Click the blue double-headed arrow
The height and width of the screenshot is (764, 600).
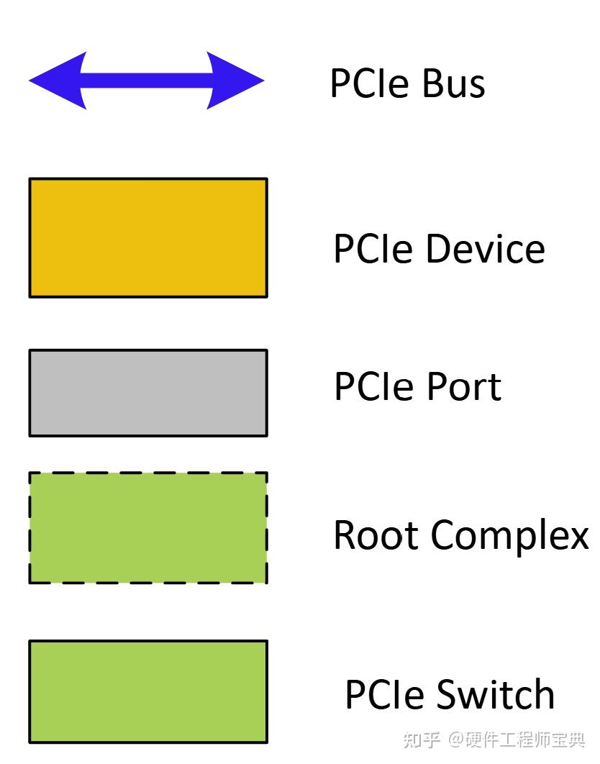coord(147,81)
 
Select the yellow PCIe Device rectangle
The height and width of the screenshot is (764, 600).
coord(148,237)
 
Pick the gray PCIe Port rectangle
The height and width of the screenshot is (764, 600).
coord(148,393)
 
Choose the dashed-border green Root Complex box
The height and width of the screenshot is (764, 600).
coord(148,527)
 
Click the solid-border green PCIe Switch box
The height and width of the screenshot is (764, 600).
coord(148,691)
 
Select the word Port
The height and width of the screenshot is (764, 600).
coord(463,386)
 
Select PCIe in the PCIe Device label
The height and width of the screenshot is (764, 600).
coord(374,249)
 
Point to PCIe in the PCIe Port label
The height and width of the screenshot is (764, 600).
coord(375,386)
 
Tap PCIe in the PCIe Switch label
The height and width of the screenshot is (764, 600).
coord(386,695)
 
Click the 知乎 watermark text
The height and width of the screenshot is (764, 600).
coord(422,740)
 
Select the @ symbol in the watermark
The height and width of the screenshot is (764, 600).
coord(457,740)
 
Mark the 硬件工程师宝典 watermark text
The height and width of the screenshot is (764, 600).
coord(525,740)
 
